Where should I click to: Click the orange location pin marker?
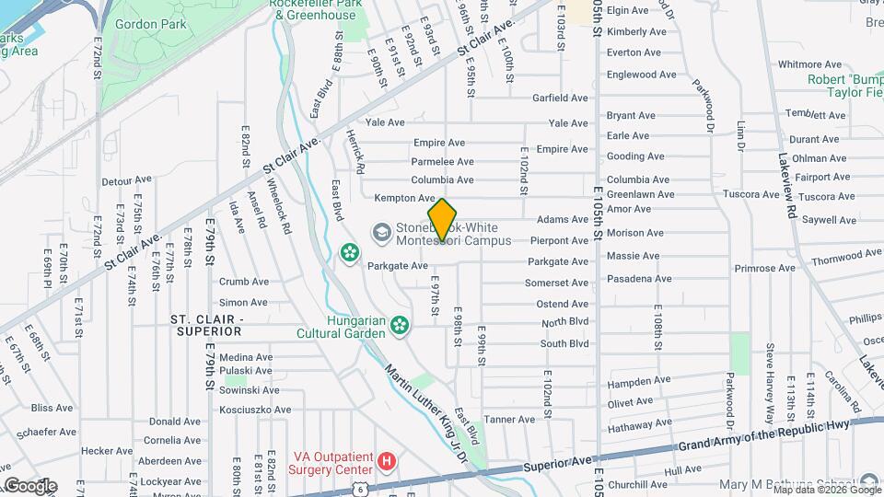(443, 220)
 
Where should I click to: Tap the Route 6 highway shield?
(367, 486)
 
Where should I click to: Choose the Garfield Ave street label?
(560, 98)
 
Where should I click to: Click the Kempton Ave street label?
(404, 198)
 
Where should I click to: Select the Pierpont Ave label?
(560, 240)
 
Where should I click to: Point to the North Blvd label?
(564, 323)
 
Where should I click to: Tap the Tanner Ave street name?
(509, 419)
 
